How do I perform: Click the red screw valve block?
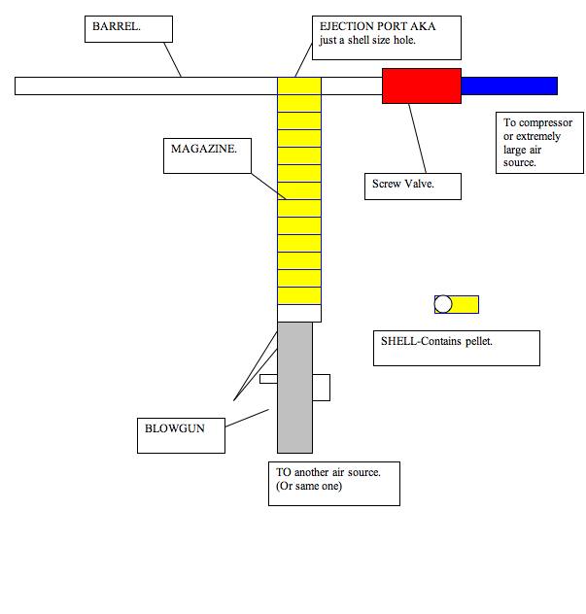click(421, 85)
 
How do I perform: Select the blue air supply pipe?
click(508, 85)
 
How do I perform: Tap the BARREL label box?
click(127, 28)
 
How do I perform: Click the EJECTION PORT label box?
click(386, 38)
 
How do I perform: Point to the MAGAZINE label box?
click(206, 155)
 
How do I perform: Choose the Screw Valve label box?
click(412, 187)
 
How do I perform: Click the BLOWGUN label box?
click(179, 434)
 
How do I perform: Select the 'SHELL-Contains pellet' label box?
click(456, 348)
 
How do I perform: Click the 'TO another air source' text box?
click(333, 483)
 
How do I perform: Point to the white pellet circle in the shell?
click(443, 304)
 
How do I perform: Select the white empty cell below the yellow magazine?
click(299, 313)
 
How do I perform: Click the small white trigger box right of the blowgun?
click(321, 387)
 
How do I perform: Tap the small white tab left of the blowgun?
click(268, 379)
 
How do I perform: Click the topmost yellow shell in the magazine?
click(299, 85)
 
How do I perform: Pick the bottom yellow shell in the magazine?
click(299, 295)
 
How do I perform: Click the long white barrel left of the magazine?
click(146, 85)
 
